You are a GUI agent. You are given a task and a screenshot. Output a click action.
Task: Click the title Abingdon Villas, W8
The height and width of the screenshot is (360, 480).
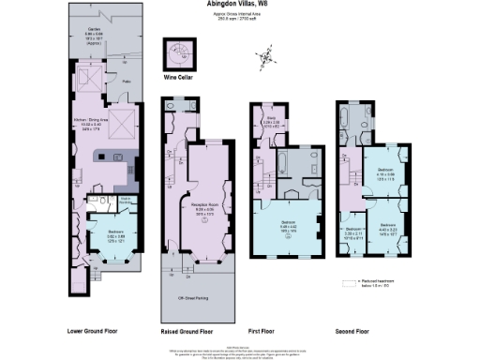[239, 4]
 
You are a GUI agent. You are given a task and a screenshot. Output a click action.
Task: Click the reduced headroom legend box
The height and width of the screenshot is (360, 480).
[352, 280]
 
